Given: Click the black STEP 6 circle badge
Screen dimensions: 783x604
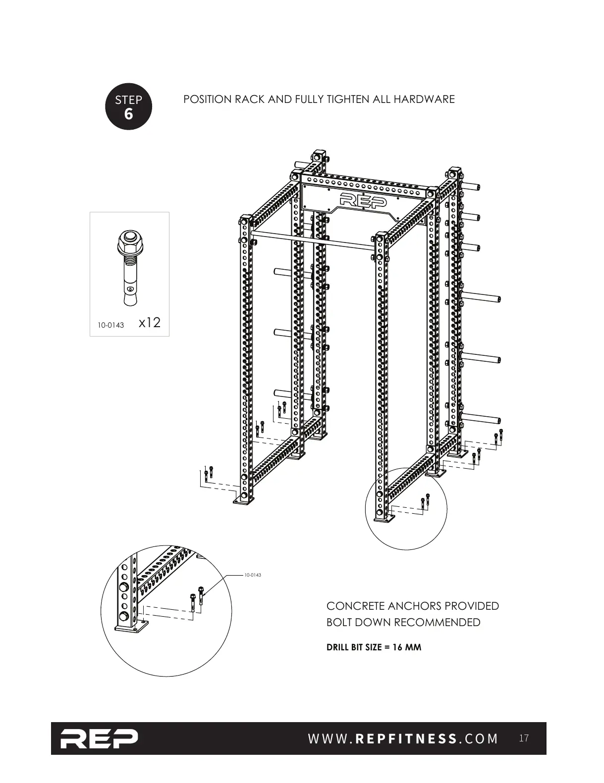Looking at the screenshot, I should (128, 106).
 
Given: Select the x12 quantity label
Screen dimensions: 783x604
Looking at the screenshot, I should (150, 323).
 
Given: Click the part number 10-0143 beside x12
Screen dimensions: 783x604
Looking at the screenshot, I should (111, 325).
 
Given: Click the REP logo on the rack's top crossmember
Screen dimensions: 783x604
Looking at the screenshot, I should (364, 200).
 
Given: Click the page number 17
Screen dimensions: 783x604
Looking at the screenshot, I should (524, 738).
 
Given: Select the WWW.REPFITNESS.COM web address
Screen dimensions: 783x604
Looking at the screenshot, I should (403, 739).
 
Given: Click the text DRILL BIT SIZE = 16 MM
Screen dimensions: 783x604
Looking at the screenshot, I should (374, 647).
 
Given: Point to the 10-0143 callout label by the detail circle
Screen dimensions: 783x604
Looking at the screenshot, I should (252, 575).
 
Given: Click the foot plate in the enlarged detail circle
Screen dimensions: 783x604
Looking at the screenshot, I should (131, 628).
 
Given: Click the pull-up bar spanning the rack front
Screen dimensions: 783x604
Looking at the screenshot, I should (312, 239).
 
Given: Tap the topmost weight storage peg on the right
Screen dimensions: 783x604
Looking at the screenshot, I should (472, 187).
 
